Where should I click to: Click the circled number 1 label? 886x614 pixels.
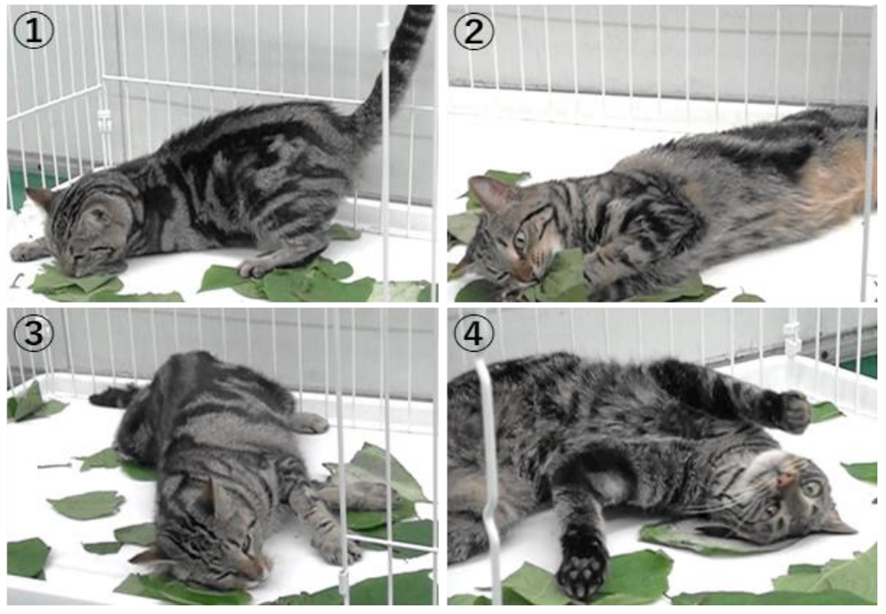pos(34,30)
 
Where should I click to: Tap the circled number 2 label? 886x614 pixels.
pos(473,30)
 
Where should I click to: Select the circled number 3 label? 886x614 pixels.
pos(34,333)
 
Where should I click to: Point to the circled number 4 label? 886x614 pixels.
pos(473,333)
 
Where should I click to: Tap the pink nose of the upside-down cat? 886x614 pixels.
pos(784,482)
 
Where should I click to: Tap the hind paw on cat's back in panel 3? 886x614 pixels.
pos(307,422)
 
